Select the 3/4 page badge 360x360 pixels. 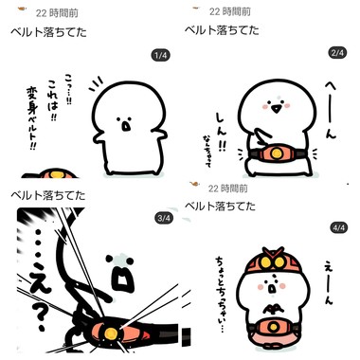(162, 218)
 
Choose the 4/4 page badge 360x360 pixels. (338, 228)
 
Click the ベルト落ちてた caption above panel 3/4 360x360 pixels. (47, 194)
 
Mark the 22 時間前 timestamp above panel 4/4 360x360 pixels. (227, 187)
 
